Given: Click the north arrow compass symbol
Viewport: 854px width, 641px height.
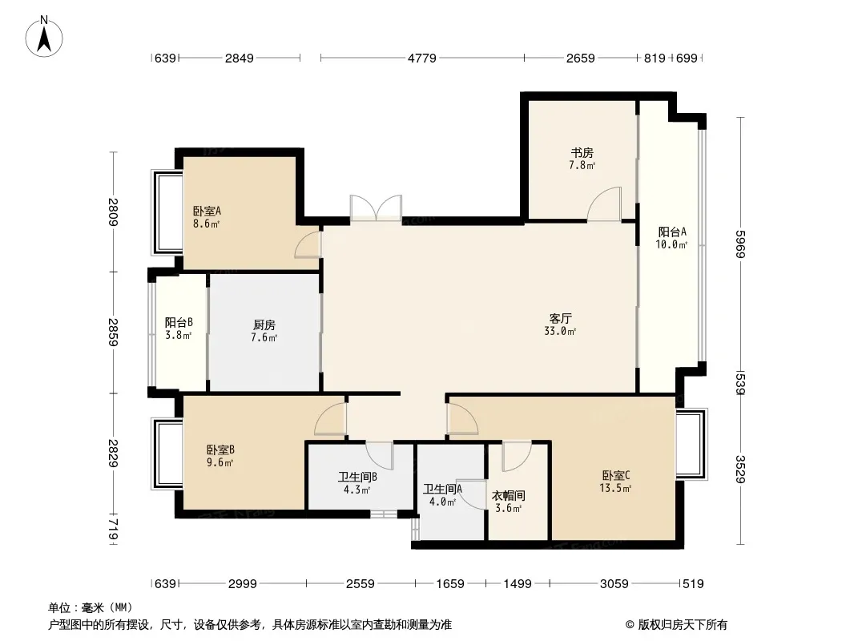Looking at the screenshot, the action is coord(44,37).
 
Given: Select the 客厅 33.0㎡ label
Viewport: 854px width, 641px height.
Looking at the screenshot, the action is coord(560,325).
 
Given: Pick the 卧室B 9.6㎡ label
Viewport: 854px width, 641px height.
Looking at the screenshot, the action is coord(220,457).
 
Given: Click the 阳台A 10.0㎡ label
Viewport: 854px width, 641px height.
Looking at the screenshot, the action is coord(671,238).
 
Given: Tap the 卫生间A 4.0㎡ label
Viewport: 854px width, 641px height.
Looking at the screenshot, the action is coord(442,495).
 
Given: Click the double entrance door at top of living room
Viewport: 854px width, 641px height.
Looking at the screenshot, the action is coord(377,208).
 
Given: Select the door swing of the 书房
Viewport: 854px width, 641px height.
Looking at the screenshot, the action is coord(603,204).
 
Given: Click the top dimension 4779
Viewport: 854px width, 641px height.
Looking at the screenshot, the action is coord(422,58).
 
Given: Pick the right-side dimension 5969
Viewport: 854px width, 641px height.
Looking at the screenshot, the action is coord(739,244).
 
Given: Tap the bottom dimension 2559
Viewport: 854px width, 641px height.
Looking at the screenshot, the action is coord(361,584).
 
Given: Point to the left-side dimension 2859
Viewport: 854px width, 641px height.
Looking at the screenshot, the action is coord(113,333).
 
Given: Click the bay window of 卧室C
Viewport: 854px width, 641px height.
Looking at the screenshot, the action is coord(691,444).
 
